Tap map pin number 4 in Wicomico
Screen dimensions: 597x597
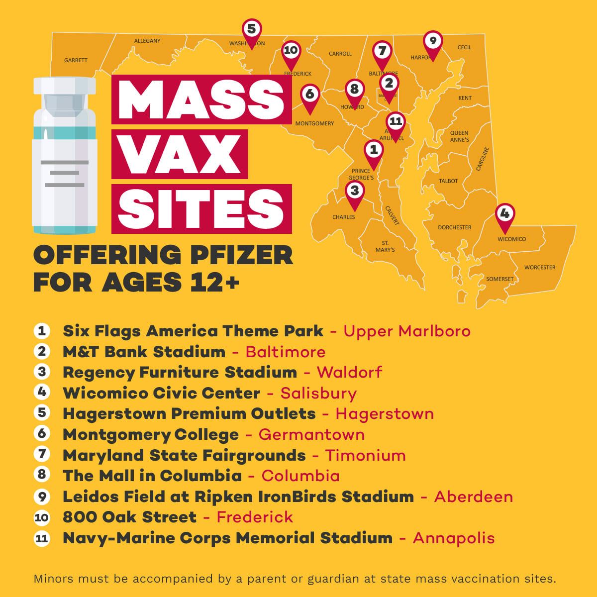[x=504, y=214]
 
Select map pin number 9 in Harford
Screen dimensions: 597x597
[x=432, y=41]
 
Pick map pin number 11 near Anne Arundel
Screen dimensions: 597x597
[x=396, y=122]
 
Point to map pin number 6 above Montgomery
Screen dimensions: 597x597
[x=309, y=94]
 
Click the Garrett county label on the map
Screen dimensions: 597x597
[x=76, y=60]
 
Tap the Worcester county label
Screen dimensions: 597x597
[x=539, y=267]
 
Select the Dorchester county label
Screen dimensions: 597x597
[x=454, y=227]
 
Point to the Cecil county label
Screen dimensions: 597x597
[x=464, y=47]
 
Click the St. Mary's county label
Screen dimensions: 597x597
[x=385, y=246]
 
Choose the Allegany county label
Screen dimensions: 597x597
[x=147, y=41]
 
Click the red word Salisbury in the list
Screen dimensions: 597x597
[x=318, y=393]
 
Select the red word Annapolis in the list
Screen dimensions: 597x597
[x=454, y=538]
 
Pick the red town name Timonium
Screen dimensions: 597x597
[x=365, y=455]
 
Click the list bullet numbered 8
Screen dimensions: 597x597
[x=42, y=475]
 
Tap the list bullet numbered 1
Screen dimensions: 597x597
[x=42, y=331]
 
